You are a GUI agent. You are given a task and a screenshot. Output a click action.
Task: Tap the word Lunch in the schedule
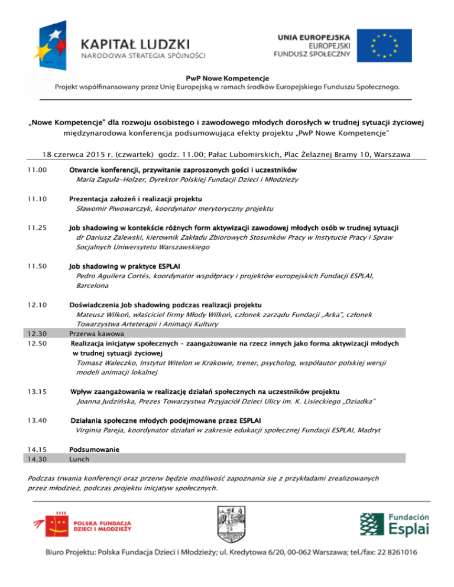point(79,458)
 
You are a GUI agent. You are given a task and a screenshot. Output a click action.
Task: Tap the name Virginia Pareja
point(100,431)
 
